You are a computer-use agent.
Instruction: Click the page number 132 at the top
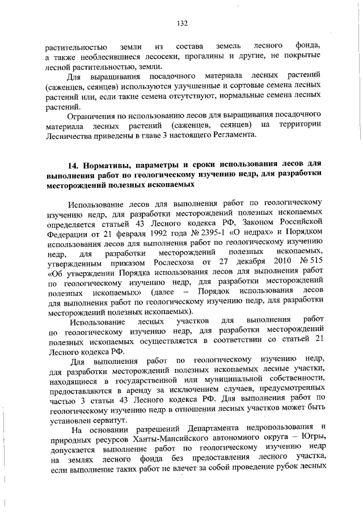point(181,23)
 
